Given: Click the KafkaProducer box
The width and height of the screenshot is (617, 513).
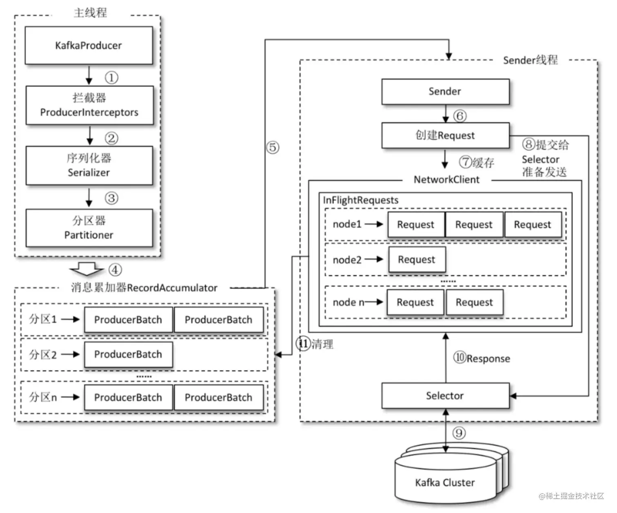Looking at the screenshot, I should coord(89,45).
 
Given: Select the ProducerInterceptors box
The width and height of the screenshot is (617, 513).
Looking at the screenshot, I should coord(89,105).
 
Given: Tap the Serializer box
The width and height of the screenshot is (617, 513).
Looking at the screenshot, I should coord(89,165).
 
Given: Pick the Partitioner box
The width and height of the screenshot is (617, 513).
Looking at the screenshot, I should coord(89,228).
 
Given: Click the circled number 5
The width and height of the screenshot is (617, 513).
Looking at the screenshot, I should coord(273,147).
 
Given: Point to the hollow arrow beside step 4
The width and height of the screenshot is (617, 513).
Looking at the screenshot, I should coord(87,269).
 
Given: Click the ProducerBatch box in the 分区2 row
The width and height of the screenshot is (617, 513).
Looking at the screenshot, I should coord(128,354).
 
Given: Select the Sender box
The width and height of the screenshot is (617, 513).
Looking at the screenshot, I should coord(445,91).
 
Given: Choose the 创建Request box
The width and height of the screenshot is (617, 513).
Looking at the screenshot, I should coord(445,135).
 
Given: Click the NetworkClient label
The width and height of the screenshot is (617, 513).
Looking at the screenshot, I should coord(446,180).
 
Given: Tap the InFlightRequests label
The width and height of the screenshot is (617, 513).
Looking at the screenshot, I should coord(361,200).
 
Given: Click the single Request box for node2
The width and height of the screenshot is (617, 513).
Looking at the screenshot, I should coord(417,260).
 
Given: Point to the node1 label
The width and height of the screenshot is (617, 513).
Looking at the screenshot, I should coord(347,224).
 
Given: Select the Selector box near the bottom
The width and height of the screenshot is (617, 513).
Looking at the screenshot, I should coord(445,395).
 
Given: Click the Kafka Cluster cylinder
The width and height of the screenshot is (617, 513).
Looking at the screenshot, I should coord(445,482).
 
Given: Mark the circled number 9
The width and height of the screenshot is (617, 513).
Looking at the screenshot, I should coord(459,433).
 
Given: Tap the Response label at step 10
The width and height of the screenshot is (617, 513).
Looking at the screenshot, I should coord(488,359).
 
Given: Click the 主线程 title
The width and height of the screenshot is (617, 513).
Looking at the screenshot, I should coord(91,13).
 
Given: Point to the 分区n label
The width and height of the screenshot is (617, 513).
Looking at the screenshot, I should coord(43,397).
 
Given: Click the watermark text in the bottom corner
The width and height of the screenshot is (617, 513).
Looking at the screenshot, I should coord(571,496).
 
